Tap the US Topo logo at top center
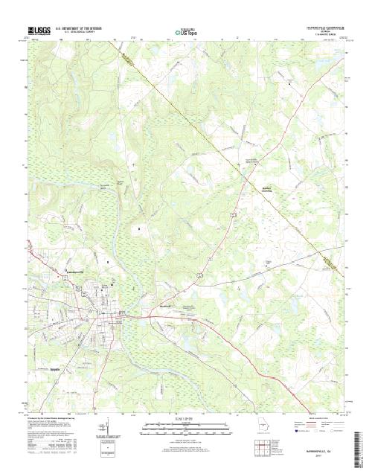click(185, 32)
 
